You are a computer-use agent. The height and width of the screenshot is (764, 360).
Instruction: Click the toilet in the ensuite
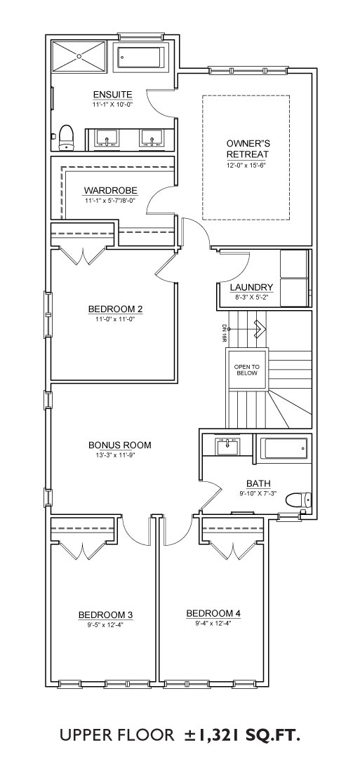pyautogui.click(x=66, y=138)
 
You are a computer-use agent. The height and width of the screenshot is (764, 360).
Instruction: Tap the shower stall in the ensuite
pyautogui.click(x=79, y=57)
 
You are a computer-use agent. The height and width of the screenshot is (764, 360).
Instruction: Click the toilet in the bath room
pyautogui.click(x=297, y=500)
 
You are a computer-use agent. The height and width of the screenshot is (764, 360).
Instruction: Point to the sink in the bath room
pyautogui.click(x=227, y=445)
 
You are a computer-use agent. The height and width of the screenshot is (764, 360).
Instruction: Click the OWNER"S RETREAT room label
pyautogui.click(x=248, y=149)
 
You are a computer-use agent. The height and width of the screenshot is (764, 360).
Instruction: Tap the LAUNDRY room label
pyautogui.click(x=252, y=288)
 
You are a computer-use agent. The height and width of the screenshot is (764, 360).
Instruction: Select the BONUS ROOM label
pyautogui.click(x=120, y=445)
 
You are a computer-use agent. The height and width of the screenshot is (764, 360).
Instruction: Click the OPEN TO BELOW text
pyautogui.click(x=248, y=370)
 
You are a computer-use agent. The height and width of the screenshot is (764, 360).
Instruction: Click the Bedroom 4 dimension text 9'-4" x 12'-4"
pyautogui.click(x=213, y=623)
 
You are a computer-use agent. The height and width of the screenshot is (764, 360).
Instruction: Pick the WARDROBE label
pyautogui.click(x=111, y=190)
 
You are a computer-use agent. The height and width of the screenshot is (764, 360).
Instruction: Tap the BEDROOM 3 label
pyautogui.click(x=106, y=615)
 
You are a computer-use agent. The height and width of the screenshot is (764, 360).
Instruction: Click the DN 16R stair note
pyautogui.click(x=224, y=333)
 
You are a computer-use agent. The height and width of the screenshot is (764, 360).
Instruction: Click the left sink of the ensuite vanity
pyautogui.click(x=107, y=138)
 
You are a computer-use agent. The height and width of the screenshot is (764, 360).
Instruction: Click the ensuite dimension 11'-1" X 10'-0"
pyautogui.click(x=112, y=104)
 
